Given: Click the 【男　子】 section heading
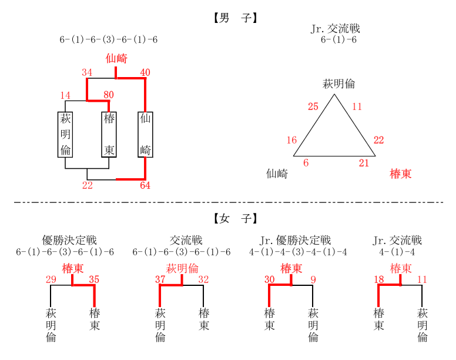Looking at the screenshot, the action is coord(235,18).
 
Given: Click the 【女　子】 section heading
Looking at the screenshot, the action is coord(235,218).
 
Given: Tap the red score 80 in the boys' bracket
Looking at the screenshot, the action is coord(109,95).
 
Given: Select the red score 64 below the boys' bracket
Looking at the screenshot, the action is coord(145,185).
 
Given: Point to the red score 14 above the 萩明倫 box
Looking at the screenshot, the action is coord(65,95).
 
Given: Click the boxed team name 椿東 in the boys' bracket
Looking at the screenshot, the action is coord(109,135).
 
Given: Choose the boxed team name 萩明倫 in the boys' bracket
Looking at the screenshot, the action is coord(65,135).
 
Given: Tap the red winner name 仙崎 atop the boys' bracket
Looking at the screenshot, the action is coord(116,58).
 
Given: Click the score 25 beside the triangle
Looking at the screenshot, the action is coord(313,106).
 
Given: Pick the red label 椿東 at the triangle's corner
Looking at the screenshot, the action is coord(400,174).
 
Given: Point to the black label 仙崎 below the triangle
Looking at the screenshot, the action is coord(277,174).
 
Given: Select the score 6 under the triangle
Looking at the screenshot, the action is coord(306,163).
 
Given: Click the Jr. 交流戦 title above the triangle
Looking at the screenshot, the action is coord(336,28).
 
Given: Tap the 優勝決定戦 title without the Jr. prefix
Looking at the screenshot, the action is coord(69,241).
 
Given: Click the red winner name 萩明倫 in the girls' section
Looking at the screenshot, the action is coord(182,268).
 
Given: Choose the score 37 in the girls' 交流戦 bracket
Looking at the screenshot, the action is coord(160,279).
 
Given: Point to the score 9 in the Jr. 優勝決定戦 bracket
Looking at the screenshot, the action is coord(313,279).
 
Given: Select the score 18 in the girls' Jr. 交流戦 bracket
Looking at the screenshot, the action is coord(378,279).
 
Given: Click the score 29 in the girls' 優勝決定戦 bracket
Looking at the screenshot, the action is coord(51,279).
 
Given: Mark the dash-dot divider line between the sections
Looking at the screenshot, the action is coord(229,202).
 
